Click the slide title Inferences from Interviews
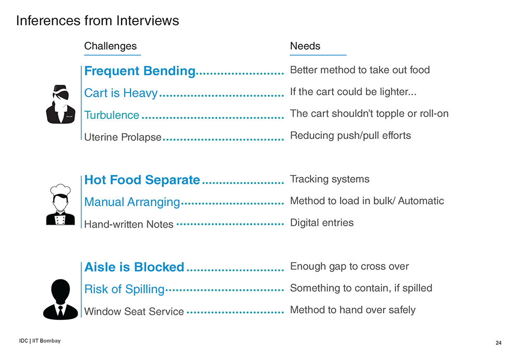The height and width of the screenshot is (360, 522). click(98, 21)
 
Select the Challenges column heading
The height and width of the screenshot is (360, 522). click(110, 46)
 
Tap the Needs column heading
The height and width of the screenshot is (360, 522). click(305, 46)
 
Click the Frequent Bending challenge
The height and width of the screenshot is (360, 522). click(140, 71)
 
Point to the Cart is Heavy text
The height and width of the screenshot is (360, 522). click(121, 93)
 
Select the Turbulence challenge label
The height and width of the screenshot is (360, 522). click(112, 115)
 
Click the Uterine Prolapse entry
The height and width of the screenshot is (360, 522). click(123, 137)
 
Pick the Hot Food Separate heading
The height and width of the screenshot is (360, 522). click(142, 180)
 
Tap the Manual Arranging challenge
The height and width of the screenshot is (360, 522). click(132, 202)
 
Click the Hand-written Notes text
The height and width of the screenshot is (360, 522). click(129, 224)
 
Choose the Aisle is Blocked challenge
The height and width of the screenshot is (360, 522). click(134, 267)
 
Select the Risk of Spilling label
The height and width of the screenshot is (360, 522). click(124, 289)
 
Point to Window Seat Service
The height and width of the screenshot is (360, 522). click(134, 311)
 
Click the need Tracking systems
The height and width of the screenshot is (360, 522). click(329, 179)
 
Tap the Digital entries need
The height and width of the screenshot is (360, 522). click(322, 223)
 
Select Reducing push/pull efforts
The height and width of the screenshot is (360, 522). click(351, 136)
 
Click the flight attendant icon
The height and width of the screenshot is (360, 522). click(61, 104)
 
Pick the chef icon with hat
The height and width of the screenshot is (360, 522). click(60, 204)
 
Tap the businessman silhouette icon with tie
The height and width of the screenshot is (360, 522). click(60, 299)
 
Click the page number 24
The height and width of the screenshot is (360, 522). click(499, 343)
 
